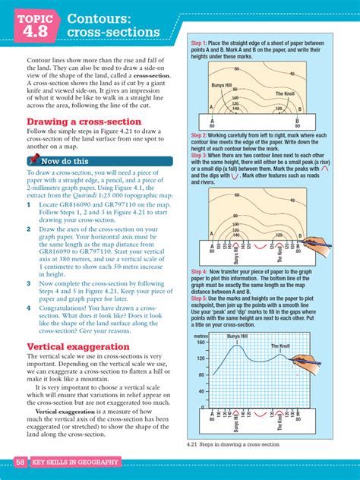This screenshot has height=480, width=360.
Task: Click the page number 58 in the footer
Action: (x=21, y=462)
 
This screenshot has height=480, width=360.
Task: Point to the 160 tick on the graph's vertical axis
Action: (x=201, y=343)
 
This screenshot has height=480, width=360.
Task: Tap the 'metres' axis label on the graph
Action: (x=201, y=335)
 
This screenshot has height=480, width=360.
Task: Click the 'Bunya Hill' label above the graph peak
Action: (x=237, y=335)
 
